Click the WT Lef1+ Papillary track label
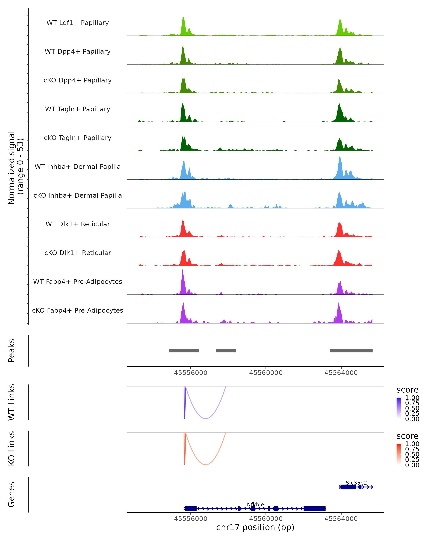[78, 23]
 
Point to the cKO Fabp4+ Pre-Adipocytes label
[78, 310]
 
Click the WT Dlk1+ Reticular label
[78, 224]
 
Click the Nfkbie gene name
[255, 504]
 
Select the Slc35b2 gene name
[356, 483]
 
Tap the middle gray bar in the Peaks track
[226, 351]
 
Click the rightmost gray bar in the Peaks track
[351, 351]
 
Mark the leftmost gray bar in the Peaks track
[184, 351]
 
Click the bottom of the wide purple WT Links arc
[205, 418]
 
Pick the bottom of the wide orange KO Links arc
[205, 465]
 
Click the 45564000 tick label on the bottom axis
[341, 519]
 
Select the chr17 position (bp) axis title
[255, 527]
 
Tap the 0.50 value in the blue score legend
[412, 408]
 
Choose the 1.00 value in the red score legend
[412, 444]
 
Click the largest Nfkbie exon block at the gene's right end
[314, 509]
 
